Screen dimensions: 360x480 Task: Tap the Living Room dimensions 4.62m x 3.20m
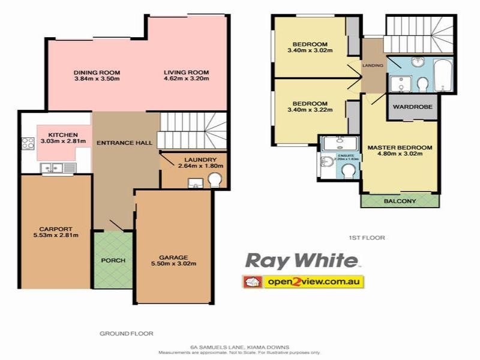pos(187,79)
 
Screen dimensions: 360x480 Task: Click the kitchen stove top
pos(28,143)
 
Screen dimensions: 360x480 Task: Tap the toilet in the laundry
pos(214,179)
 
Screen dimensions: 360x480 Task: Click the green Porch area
pos(112,260)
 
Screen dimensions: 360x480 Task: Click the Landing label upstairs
pos(373,65)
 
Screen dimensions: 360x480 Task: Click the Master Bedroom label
pos(400,147)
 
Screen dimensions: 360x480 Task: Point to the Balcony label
pos(400,202)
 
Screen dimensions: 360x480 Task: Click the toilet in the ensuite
pos(347,171)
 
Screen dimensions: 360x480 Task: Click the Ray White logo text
pos(301,261)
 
